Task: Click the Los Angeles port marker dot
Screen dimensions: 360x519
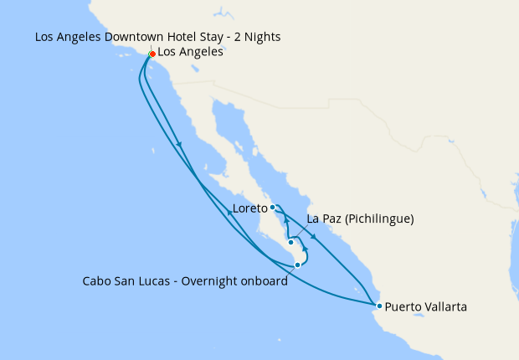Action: pos(152,54)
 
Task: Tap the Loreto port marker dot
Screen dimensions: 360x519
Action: pos(273,207)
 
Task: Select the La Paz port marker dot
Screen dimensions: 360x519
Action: pos(290,243)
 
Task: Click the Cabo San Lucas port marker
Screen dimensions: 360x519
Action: pos(297,265)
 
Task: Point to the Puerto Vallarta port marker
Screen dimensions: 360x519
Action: pos(379,306)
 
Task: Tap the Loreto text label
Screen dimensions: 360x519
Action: pos(249,208)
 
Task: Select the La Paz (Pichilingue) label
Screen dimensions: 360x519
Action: pos(361,219)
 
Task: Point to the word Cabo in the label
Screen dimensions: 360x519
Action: pos(96,281)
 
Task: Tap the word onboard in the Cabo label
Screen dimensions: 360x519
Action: pos(265,281)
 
